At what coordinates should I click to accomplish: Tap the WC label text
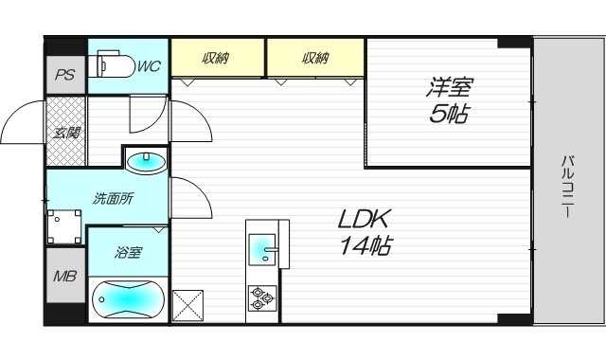(x=149, y=67)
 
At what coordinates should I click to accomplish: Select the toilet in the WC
(x=112, y=65)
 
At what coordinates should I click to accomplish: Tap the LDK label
(x=365, y=220)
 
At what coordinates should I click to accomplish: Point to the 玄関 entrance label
(x=66, y=133)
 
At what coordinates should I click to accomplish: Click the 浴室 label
(x=128, y=253)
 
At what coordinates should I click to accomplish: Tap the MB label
(x=64, y=276)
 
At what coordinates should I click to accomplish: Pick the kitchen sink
(x=262, y=251)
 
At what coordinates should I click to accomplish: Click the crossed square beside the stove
(x=187, y=305)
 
